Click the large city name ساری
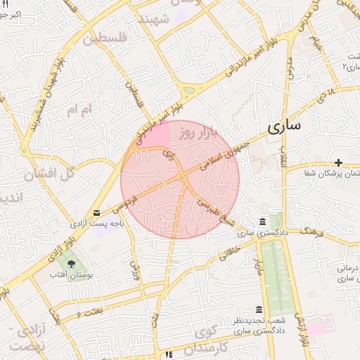[x=283, y=127]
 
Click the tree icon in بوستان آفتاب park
[x=72, y=263]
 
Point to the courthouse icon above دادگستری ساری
[x=263, y=221]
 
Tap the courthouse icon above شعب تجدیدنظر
[x=259, y=310]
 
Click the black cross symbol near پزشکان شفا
[x=339, y=162]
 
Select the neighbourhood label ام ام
[x=79, y=110]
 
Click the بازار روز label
[x=195, y=131]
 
